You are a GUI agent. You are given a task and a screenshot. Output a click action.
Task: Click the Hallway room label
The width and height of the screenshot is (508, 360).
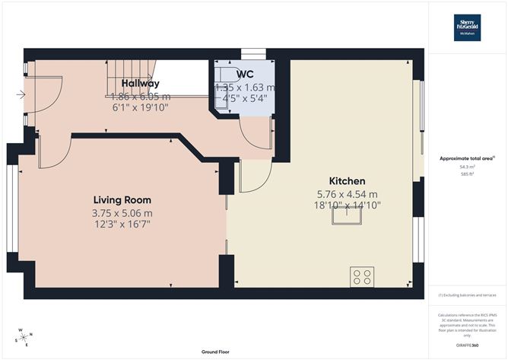pyautogui.click(x=139, y=84)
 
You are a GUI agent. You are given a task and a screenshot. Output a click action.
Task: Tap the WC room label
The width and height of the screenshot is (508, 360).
pyautogui.click(x=244, y=74)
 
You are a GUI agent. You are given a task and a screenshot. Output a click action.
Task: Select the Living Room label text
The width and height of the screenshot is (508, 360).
pyautogui.click(x=122, y=199)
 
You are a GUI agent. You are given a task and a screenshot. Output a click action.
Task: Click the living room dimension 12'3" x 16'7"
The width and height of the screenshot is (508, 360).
pyautogui.click(x=122, y=225)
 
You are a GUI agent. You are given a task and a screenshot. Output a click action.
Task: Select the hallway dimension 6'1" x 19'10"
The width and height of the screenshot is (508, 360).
pyautogui.click(x=139, y=108)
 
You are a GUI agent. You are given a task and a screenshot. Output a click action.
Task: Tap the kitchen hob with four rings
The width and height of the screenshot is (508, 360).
pyautogui.click(x=361, y=275)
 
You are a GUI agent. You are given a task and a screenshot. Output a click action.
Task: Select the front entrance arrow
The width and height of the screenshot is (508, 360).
pyautogui.click(x=20, y=95)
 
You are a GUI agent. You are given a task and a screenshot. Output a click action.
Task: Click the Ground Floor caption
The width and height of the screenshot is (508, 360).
pyautogui.click(x=215, y=352)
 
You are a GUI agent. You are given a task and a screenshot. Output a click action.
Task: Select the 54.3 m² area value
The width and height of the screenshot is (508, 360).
pyautogui.click(x=467, y=165)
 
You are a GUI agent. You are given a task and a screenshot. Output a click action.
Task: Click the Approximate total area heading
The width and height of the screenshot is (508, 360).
pyautogui.click(x=467, y=158)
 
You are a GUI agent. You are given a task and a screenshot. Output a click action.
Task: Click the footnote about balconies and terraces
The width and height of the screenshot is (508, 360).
pyautogui.click(x=467, y=295)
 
